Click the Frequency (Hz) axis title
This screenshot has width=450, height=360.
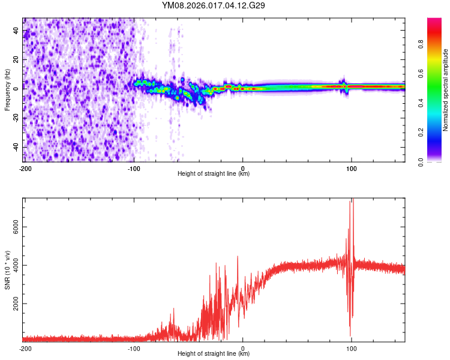(7, 90)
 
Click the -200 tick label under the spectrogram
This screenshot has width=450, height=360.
(25, 169)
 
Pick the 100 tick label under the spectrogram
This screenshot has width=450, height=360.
(352, 169)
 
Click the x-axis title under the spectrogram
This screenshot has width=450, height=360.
(214, 174)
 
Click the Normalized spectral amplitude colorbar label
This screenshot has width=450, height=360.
(446, 90)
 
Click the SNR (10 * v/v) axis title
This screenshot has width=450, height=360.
(7, 269)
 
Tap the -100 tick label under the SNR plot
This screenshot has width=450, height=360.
(134, 349)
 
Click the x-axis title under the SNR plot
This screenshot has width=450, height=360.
(214, 354)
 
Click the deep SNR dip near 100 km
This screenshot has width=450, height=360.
(350, 335)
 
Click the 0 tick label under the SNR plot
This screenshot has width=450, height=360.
(243, 349)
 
